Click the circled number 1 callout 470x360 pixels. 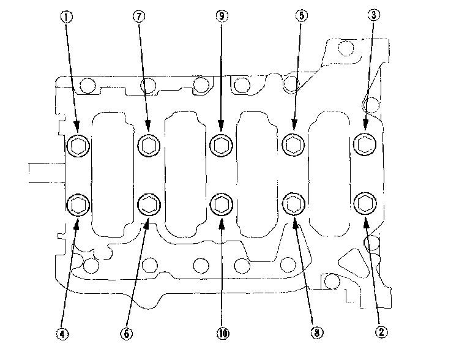pos(67,17)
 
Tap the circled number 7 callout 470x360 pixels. pos(139,16)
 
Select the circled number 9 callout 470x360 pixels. pos(222,15)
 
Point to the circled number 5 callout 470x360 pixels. pos(302,15)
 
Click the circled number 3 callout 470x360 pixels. pos(374,15)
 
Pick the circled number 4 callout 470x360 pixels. pos(62,334)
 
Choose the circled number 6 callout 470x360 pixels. pos(127,333)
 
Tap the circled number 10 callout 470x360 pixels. pos(223,333)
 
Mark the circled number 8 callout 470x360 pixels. pos(317,332)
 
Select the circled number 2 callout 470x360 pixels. pos(381,332)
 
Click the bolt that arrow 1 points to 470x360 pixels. pos(78,146)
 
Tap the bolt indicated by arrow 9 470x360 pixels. pos(222,146)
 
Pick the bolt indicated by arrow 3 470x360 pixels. pos(365,144)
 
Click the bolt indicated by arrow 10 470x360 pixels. pos(222,204)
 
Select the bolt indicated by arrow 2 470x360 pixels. pos(365,204)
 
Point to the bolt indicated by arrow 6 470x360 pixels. pos(149,204)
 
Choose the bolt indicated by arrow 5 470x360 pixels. pos(294,145)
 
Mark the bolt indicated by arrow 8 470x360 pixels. pos(294,204)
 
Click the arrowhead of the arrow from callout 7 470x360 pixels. pos(147,126)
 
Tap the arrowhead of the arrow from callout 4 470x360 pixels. pos(76,224)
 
